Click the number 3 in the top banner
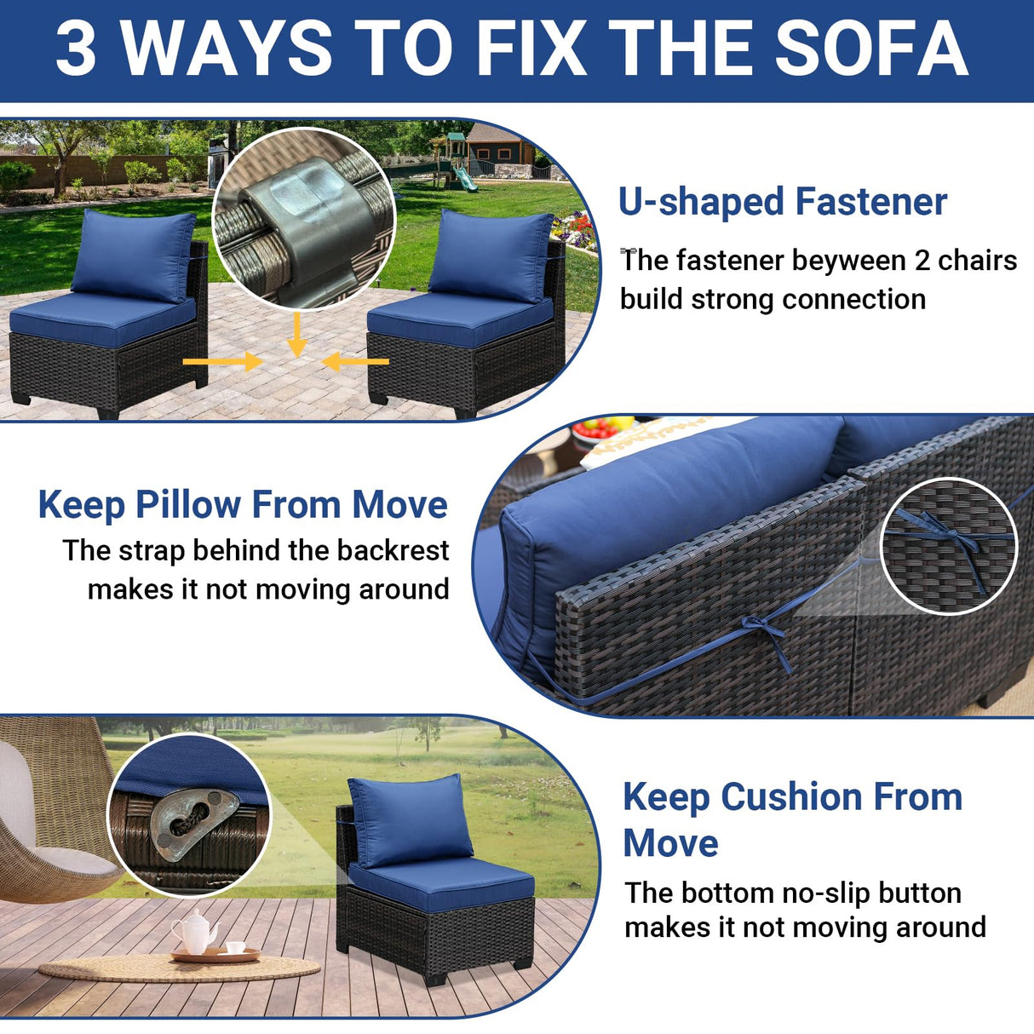pyautogui.click(x=76, y=49)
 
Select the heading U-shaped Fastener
pyautogui.click(x=782, y=202)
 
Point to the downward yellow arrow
pyautogui.click(x=296, y=334)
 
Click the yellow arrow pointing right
pyautogui.click(x=222, y=362)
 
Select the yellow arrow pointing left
pyautogui.click(x=356, y=362)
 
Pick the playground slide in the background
pyautogui.click(x=461, y=175)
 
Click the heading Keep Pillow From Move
pyautogui.click(x=243, y=504)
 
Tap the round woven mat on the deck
pyautogui.click(x=179, y=968)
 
